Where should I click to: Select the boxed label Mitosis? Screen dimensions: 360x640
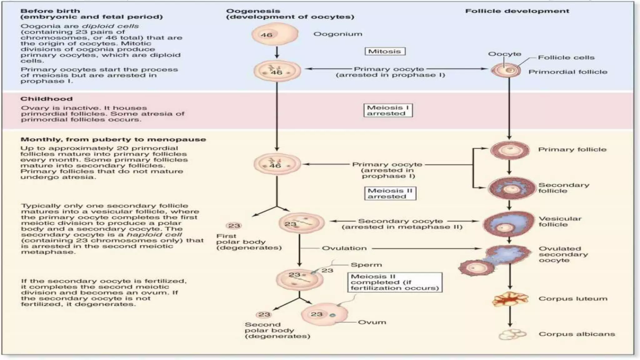pyautogui.click(x=385, y=51)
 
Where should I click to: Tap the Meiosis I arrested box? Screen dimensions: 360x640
pyautogui.click(x=388, y=110)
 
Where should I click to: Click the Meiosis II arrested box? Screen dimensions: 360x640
pyautogui.click(x=390, y=193)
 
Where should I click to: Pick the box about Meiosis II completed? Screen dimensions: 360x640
pyautogui.click(x=395, y=282)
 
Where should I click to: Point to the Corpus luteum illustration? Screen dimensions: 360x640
pyautogui.click(x=510, y=299)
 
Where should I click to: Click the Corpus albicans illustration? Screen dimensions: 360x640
pyautogui.click(x=512, y=334)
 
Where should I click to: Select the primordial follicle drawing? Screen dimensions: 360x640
pyautogui.click(x=506, y=70)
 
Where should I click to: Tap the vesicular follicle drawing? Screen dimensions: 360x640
pyautogui.click(x=509, y=224)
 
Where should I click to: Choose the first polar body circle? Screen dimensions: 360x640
pyautogui.click(x=234, y=226)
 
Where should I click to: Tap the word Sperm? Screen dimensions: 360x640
pyautogui.click(x=366, y=265)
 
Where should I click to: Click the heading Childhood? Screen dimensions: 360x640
pyautogui.click(x=46, y=99)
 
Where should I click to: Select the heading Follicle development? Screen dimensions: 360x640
pyautogui.click(x=517, y=11)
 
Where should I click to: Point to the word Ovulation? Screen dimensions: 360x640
pyautogui.click(x=344, y=248)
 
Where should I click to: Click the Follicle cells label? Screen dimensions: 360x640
pyautogui.click(x=566, y=57)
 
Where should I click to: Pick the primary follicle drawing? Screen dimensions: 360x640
pyautogui.click(x=509, y=150)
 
